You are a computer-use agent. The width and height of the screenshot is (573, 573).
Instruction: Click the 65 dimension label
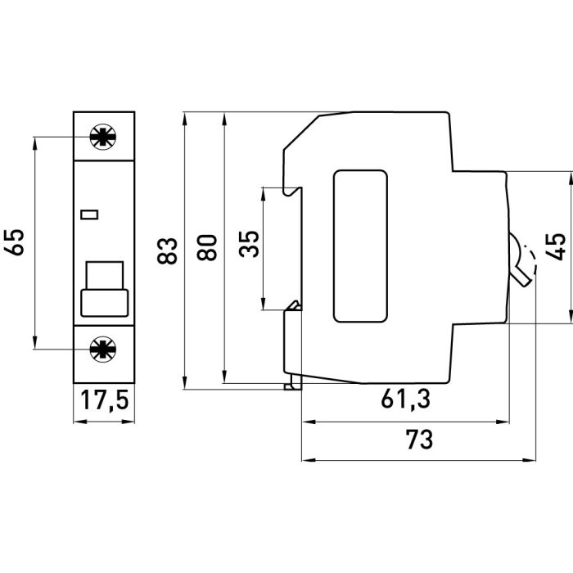pos(19,243)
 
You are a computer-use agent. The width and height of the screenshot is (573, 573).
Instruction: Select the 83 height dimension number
pos(167,249)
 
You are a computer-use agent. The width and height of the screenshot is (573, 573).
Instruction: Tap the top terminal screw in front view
pos(103,137)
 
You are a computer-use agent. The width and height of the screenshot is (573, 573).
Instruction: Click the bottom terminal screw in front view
pos(103,349)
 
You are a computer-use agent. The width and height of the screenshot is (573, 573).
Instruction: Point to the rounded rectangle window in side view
pos(360,246)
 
